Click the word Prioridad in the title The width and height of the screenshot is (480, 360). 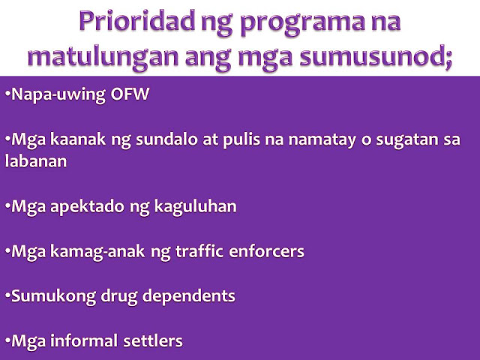coord(136,21)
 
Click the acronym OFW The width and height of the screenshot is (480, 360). coord(130,94)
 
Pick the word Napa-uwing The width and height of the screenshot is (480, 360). coord(58,95)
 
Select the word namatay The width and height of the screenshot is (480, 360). coord(322,140)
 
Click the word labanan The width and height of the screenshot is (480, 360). coord(36,160)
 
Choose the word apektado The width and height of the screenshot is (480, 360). coord(88,207)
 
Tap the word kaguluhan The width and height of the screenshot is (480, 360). coord(195,207)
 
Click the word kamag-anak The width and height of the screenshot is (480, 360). coord(97,252)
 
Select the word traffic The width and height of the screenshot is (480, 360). coord(199,251)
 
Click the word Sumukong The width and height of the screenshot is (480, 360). coord(53,297)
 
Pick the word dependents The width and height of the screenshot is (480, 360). coord(188,297)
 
